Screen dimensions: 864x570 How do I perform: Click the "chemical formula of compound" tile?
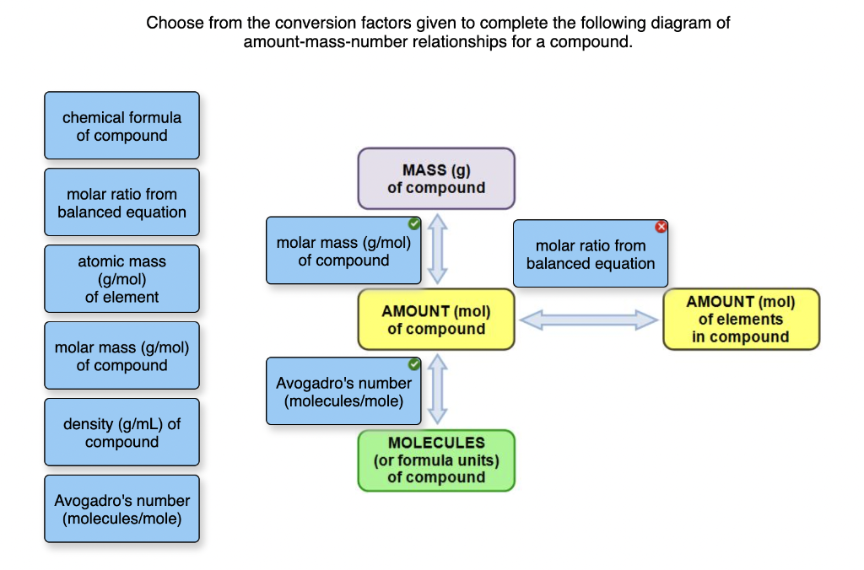coord(121,126)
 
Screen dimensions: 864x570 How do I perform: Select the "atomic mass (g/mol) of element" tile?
coord(121,278)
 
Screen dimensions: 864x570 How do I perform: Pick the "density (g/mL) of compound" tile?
coord(121,433)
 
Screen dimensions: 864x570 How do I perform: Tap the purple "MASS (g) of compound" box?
coord(436,179)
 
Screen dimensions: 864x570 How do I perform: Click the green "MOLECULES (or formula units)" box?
coord(436,460)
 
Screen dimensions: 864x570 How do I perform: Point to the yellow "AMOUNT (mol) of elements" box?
coord(741,319)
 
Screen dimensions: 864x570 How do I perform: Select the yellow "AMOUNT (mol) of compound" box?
coord(436,320)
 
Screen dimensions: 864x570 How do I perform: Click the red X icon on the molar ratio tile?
coord(661,226)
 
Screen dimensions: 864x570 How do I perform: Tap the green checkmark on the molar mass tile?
coord(413,223)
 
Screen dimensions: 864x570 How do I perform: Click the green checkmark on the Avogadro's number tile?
coord(413,364)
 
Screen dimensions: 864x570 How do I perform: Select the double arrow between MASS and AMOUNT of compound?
coord(438,249)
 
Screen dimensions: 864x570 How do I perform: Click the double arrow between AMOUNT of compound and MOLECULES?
coord(438,389)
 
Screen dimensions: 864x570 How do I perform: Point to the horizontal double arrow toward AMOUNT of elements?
coord(588,320)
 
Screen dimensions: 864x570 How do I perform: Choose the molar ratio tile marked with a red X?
coord(591,254)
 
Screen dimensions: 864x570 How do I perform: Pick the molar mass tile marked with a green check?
coord(344,250)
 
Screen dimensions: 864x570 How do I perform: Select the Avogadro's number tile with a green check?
coord(344,391)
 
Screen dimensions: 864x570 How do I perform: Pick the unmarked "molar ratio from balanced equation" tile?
coord(121,202)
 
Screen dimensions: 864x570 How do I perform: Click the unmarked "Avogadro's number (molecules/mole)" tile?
coord(121,509)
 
